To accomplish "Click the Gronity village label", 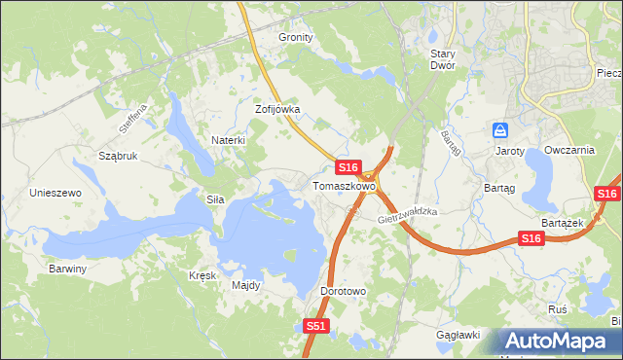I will [x=296, y=37].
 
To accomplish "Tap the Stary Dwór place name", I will [x=450, y=60].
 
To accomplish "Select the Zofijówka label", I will [x=277, y=110].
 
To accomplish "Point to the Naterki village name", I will [x=228, y=140].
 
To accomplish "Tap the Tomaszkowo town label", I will [x=344, y=185].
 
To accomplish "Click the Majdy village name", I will [x=245, y=285].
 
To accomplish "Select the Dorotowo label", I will [x=343, y=291].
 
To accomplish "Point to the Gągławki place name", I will [x=458, y=335].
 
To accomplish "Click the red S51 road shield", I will [x=315, y=327].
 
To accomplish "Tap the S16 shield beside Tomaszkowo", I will [x=350, y=167].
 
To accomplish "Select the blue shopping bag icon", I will [x=500, y=129].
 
